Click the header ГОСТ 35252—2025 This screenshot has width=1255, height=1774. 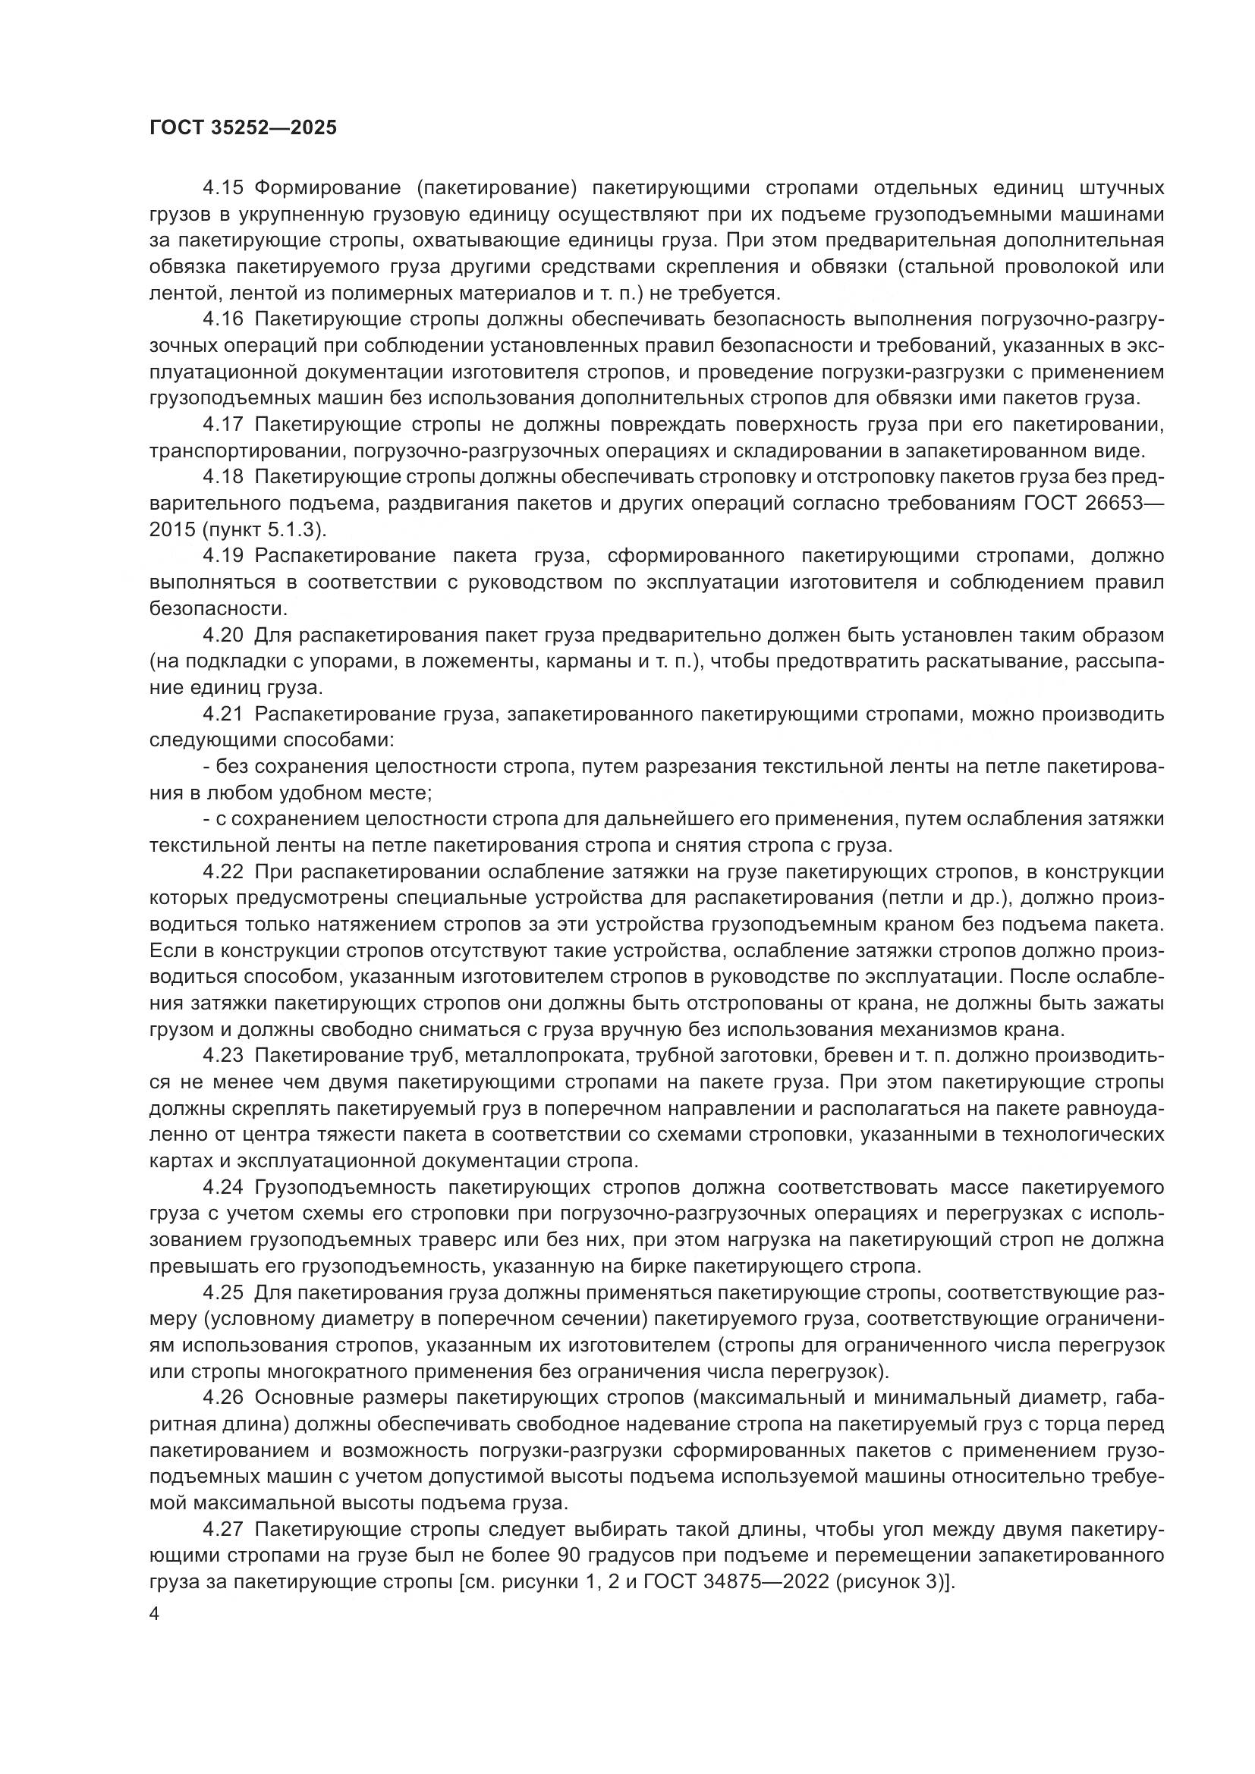pos(243,128)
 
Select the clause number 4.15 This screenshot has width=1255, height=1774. pos(223,188)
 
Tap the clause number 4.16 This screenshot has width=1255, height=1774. pos(223,319)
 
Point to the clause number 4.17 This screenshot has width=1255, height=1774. pos(223,424)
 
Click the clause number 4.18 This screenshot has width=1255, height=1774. pos(223,477)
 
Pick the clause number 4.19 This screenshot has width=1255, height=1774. pos(223,555)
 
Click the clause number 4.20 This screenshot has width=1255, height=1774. pos(223,635)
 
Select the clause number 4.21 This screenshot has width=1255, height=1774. pos(223,714)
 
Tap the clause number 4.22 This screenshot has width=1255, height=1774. pos(223,871)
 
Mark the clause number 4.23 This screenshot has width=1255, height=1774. pos(223,1056)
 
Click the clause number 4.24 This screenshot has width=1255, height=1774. pos(223,1187)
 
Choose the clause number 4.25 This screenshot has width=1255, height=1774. pos(223,1292)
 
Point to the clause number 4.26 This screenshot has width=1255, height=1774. pos(223,1397)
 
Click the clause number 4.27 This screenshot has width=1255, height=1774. pos(223,1529)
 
